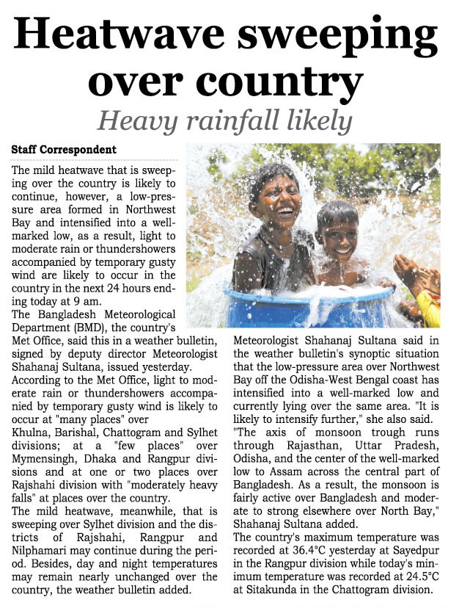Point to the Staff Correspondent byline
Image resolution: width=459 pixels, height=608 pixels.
(x=64, y=150)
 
